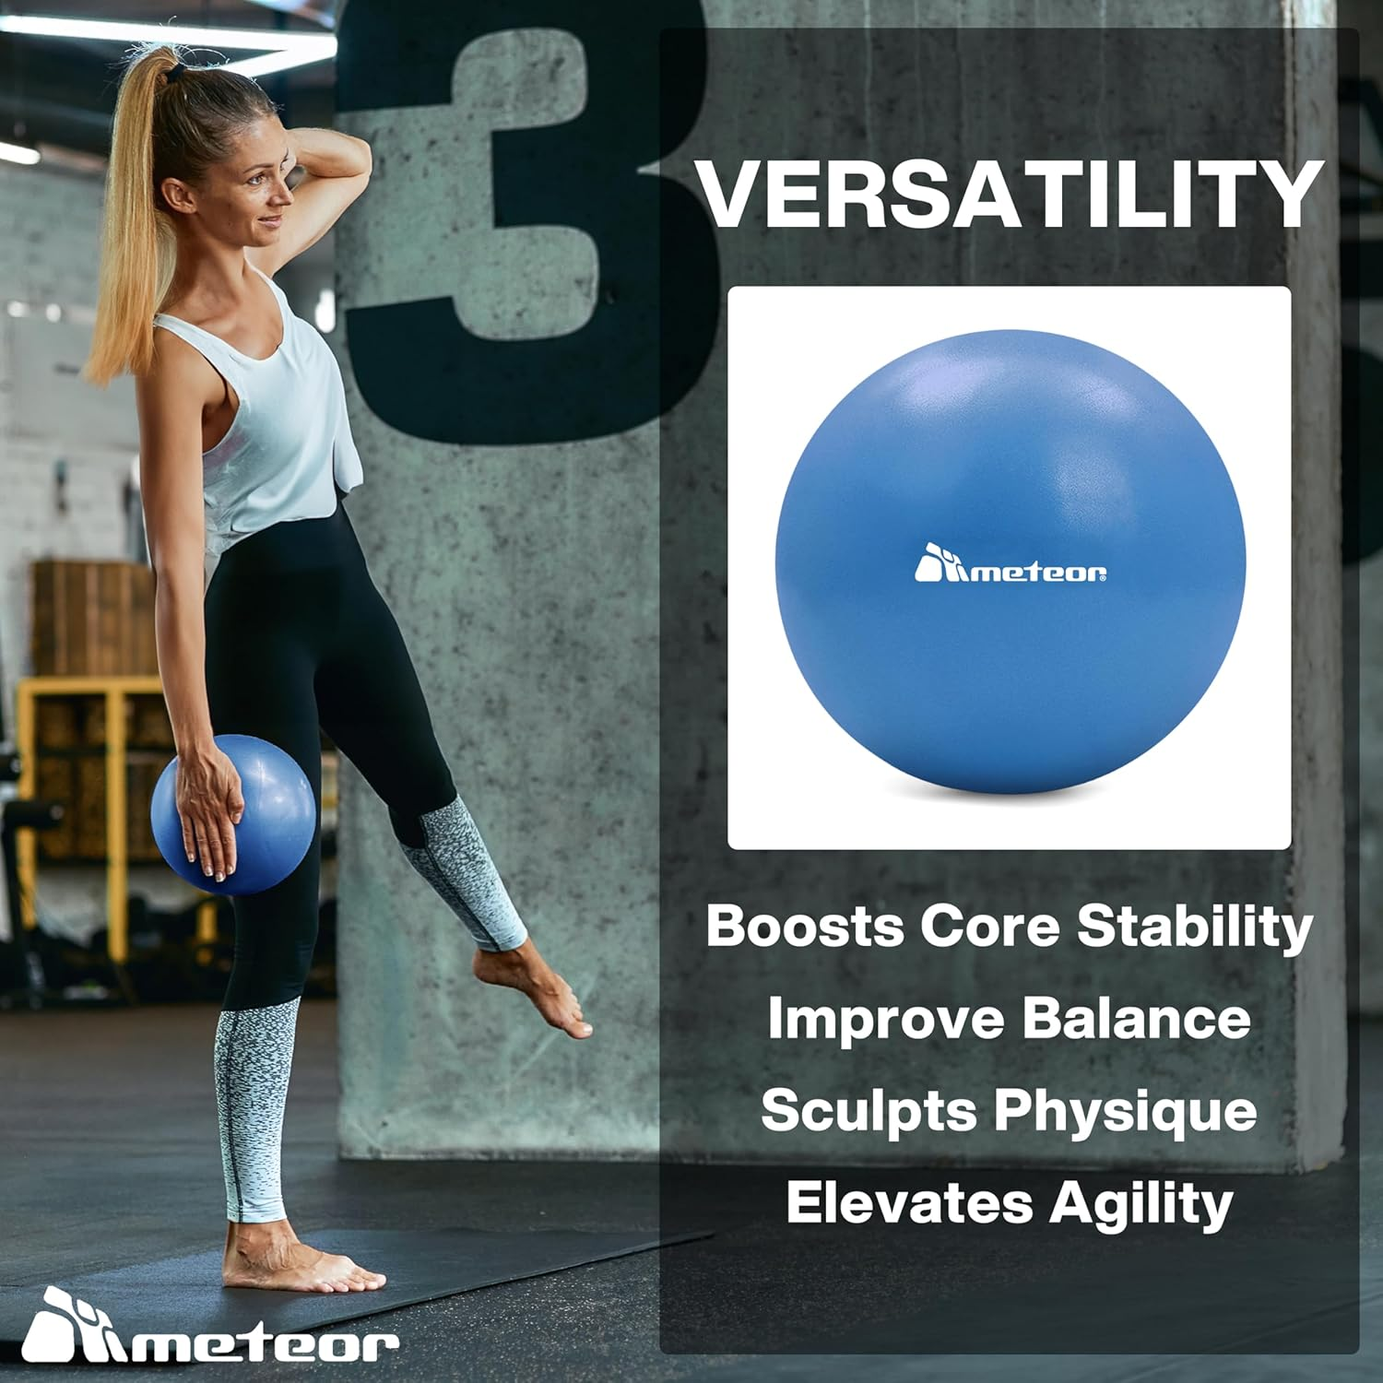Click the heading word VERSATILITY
[1010, 195]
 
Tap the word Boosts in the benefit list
[804, 925]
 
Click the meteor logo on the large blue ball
[1011, 565]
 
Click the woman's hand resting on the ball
[207, 811]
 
